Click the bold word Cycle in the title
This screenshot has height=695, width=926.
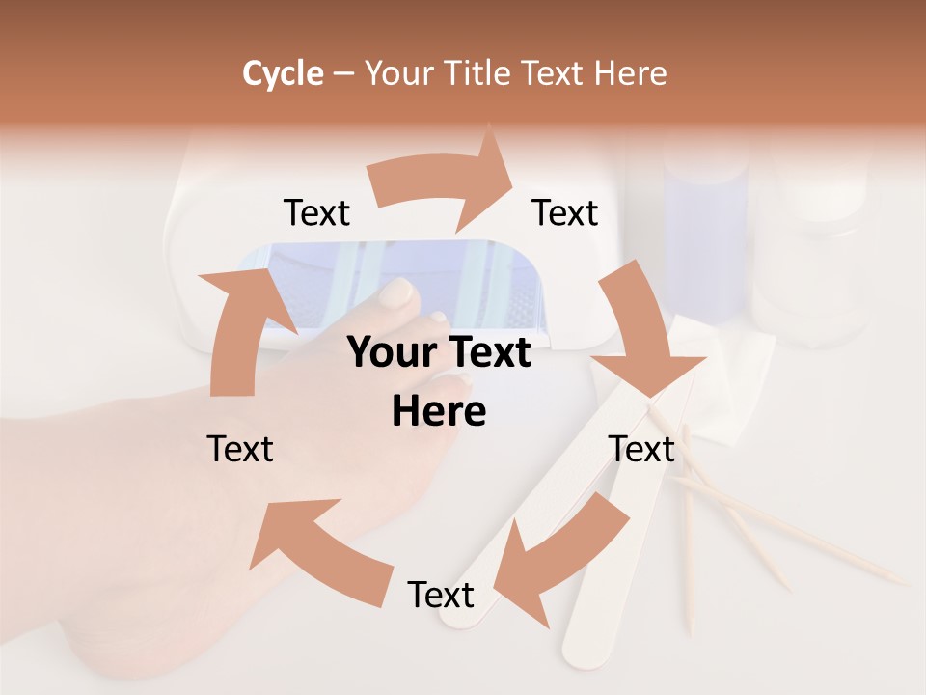[283, 73]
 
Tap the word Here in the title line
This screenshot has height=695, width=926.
[631, 73]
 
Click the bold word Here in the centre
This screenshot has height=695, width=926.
[439, 411]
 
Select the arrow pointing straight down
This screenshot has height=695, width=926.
[641, 333]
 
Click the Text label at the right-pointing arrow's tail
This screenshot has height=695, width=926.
[316, 213]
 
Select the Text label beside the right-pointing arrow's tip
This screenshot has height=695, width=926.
[565, 213]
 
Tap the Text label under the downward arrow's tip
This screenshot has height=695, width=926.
[641, 449]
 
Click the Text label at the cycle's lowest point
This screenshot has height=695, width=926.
[441, 595]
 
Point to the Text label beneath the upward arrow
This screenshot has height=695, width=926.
[240, 449]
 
